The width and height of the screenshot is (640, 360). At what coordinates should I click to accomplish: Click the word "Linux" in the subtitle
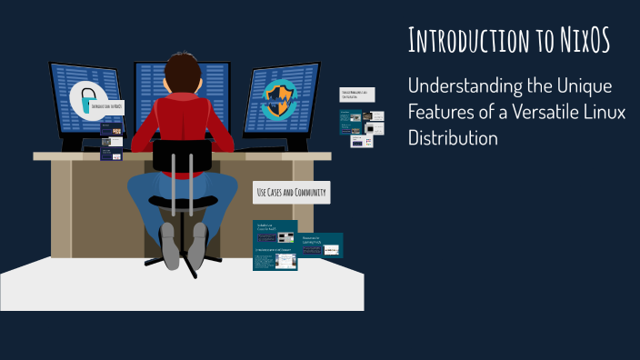click(595, 114)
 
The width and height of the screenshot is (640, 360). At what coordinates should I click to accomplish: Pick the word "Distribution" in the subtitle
click(454, 139)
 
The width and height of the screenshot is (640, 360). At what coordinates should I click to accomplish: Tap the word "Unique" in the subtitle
click(583, 87)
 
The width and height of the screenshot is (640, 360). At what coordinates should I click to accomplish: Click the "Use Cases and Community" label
click(290, 193)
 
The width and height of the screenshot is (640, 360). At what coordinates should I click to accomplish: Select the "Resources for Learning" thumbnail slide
click(321, 245)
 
